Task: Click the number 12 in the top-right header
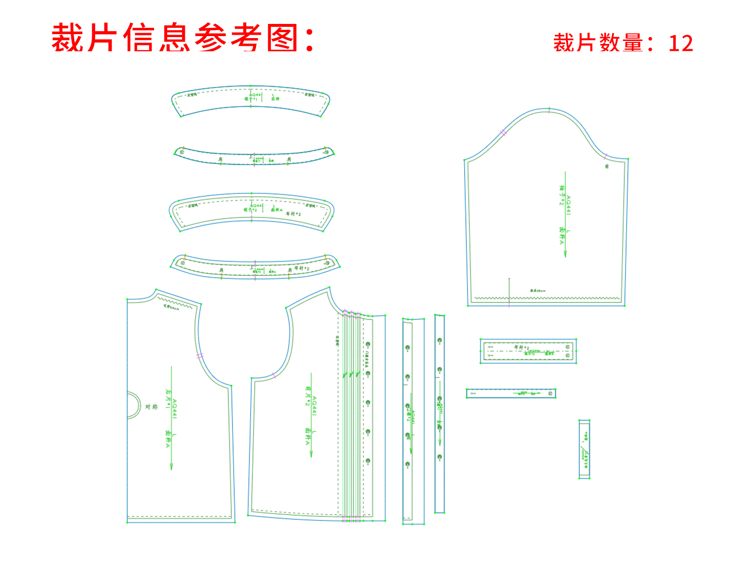coord(681,43)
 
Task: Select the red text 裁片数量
coord(598,43)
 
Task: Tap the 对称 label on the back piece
coord(151,406)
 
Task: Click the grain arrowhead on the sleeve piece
coord(565,254)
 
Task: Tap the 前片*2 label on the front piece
coord(308,396)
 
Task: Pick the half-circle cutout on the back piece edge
coord(133,405)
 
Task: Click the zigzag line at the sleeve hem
coord(546,298)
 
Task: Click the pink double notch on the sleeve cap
coord(503,132)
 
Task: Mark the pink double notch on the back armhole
coord(200,356)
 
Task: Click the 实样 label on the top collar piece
coord(275,99)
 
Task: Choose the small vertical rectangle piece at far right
coord(585,449)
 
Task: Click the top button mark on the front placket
coord(368,345)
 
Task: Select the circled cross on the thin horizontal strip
coord(551,393)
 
